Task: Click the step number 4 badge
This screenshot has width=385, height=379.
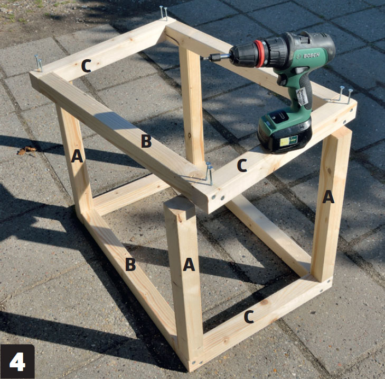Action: coord(17,362)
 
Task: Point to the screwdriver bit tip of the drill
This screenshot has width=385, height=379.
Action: coord(204,59)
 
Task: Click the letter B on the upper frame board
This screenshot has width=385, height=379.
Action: coord(146,141)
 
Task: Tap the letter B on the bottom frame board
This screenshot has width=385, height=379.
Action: coord(130,264)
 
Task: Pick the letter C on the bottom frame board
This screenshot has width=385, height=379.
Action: coord(249,317)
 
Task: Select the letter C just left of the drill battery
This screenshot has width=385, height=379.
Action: coord(242,165)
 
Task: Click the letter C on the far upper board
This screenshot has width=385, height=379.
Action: coord(86,66)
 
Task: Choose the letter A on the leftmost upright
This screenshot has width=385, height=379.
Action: coord(77,156)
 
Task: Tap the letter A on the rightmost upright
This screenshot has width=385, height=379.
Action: coord(328,197)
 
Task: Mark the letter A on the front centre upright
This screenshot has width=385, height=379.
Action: coord(189,265)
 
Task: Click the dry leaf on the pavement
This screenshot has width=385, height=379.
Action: coord(26,150)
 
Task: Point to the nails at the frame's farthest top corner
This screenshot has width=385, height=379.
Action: coord(164,13)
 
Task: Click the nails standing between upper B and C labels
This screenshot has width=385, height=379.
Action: coord(210,173)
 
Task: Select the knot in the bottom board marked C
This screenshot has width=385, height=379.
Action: coord(265,302)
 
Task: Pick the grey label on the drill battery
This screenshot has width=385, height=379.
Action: coord(289,141)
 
